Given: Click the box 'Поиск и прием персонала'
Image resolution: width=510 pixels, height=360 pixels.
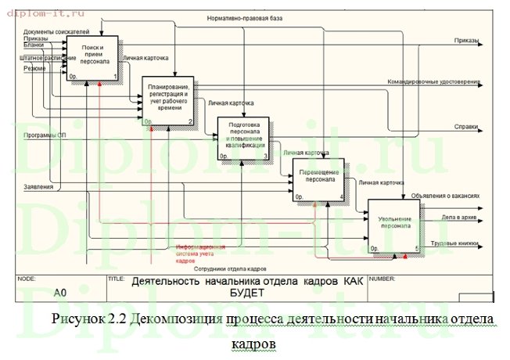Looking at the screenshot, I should click(x=93, y=59).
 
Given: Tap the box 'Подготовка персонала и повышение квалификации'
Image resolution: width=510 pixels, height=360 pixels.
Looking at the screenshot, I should click(x=243, y=138).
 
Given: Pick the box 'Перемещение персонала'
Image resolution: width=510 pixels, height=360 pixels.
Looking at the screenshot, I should click(x=318, y=179).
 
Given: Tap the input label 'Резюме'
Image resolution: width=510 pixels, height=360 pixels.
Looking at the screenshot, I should click(x=34, y=68).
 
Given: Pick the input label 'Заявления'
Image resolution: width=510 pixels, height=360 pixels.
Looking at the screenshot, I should click(x=38, y=186).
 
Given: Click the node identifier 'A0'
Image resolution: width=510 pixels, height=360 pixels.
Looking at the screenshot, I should click(x=59, y=293).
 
